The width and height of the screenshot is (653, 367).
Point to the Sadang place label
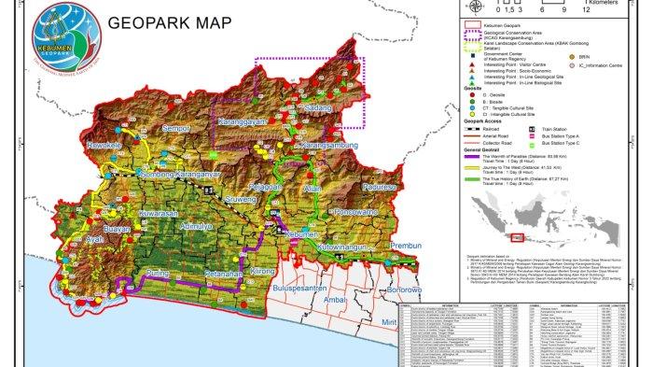tap(318, 134)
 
